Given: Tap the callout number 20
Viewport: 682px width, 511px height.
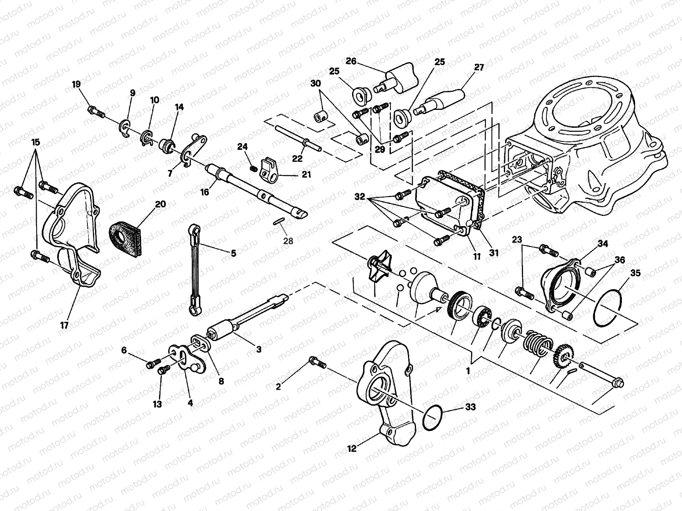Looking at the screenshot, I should pyautogui.click(x=160, y=204).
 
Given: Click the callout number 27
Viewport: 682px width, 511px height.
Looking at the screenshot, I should pyautogui.click(x=479, y=67).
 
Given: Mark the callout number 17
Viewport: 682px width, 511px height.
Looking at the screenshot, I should pyautogui.click(x=64, y=325).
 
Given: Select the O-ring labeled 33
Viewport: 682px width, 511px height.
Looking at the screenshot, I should pyautogui.click(x=432, y=418).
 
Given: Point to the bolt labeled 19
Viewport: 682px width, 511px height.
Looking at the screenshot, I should pyautogui.click(x=97, y=112).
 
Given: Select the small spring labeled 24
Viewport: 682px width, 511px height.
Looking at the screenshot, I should pyautogui.click(x=254, y=169).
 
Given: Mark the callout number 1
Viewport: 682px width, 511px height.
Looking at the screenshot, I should pyautogui.click(x=468, y=371).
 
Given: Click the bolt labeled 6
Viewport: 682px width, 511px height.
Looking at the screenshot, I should pyautogui.click(x=152, y=364).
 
